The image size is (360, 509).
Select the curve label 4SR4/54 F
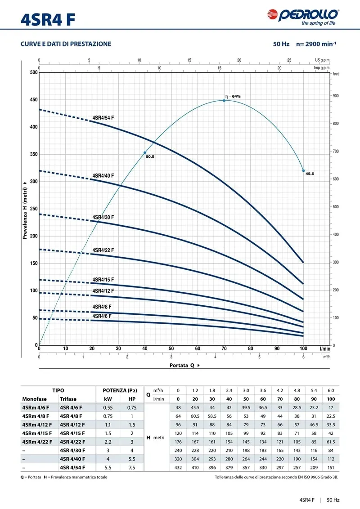(103, 118)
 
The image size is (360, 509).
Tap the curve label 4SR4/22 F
(103, 250)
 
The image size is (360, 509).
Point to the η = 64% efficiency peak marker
(224, 100)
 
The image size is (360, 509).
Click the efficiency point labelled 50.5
(145, 153)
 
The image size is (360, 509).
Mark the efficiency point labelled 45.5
(303, 171)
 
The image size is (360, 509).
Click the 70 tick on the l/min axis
(224, 348)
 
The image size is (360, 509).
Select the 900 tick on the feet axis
(336, 96)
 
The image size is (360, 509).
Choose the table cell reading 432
(178, 467)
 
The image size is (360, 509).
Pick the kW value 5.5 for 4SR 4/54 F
(108, 467)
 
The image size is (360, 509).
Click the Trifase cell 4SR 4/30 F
(72, 450)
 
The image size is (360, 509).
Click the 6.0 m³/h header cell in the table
(330, 390)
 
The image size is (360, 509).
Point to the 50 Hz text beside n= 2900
(281, 44)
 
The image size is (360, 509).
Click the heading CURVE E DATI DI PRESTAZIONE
(66, 44)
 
